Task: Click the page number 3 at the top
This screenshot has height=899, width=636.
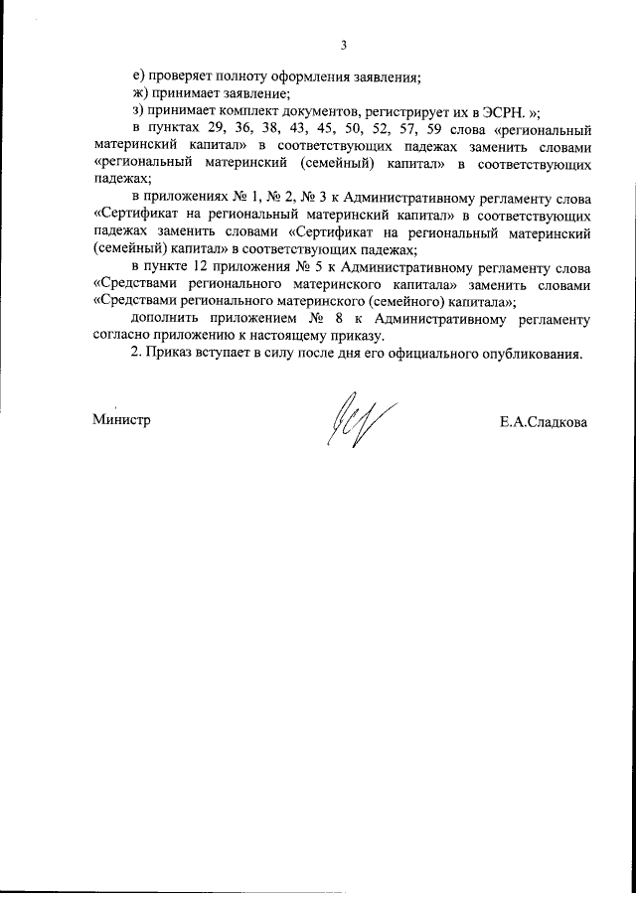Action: click(x=343, y=44)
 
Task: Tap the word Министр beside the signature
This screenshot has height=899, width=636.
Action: click(x=121, y=420)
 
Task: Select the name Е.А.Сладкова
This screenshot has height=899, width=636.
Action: click(x=544, y=421)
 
